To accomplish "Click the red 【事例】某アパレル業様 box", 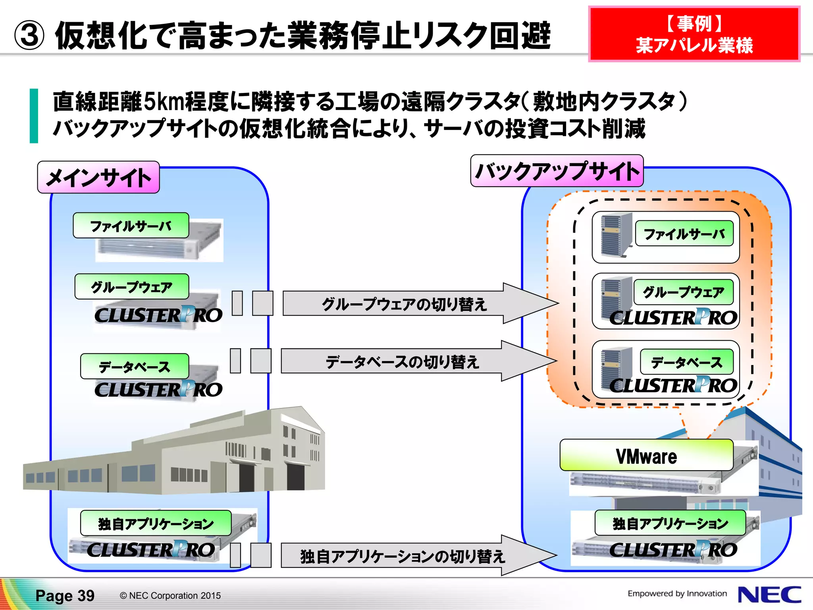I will (694, 34).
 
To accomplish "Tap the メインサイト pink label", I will (98, 177).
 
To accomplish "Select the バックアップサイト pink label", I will (557, 171).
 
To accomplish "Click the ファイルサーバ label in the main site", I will (131, 226).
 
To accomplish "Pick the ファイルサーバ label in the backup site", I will (684, 234).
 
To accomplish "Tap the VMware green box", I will (646, 456).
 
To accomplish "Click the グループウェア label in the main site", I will (131, 286).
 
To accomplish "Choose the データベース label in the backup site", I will (686, 362).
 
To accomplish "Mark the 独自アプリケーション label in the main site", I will (156, 523).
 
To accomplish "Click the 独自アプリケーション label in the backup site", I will (670, 523).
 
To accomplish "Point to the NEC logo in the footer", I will (769, 595).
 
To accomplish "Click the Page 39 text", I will (65, 596).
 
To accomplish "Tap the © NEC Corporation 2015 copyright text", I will (170, 596).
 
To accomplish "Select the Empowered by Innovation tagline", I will (677, 593).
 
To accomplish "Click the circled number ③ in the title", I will (29, 36).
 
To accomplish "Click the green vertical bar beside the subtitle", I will (34, 116).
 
